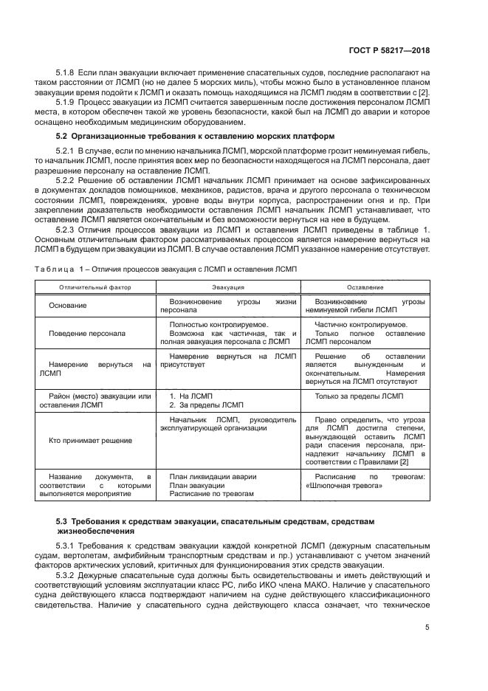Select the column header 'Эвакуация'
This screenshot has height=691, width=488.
[229, 286]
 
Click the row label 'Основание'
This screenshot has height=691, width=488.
[68, 306]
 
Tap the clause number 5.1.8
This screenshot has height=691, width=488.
[67, 74]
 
